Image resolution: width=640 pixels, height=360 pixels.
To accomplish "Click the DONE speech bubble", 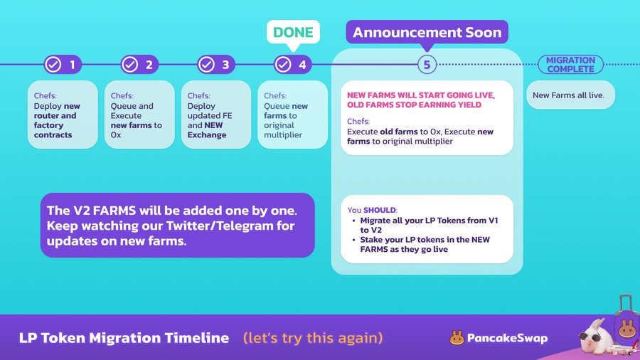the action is coord(293,33).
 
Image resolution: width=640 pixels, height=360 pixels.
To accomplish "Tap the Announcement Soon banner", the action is coord(427,32).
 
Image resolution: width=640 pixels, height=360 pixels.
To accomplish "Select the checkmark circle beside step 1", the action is coord(53,65).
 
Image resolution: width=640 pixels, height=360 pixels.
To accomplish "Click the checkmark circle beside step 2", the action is coord(130,65).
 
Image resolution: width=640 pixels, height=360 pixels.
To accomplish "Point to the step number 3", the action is coord(225,65).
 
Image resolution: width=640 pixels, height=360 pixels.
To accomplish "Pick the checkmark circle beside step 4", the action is coord(283,65).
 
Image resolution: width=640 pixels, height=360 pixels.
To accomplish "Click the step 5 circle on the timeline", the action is coord(427,65).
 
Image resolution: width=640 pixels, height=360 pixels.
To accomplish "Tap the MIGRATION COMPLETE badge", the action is coord(570,65).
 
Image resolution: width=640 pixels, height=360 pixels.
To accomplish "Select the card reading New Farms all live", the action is coord(570,95).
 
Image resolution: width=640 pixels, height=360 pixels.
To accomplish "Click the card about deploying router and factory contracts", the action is coord(63,115).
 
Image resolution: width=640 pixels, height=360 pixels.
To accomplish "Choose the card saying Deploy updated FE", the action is coord(216,115).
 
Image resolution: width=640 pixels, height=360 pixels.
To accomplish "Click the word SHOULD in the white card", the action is coord(379,210).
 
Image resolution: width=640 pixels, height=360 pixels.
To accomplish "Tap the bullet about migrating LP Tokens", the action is coord(429,226).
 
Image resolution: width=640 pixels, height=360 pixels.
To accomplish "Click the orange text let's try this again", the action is coord(313,338).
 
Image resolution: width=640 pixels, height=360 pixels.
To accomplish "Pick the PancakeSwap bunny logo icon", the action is coord(457,338).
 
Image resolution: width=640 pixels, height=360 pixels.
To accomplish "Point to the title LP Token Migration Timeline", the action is coord(124,338).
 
